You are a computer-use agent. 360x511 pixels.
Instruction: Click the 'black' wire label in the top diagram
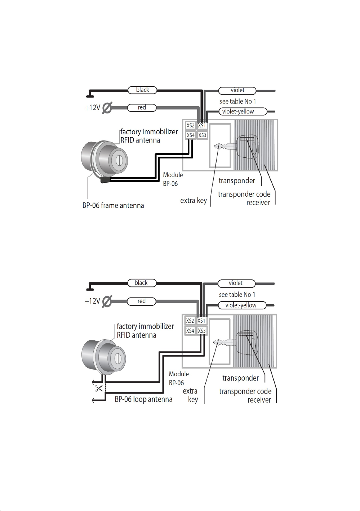pyautogui.click(x=142, y=90)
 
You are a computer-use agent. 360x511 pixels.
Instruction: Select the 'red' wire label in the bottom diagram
pyautogui.click(x=141, y=301)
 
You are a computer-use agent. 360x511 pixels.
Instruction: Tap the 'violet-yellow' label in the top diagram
pyautogui.click(x=243, y=112)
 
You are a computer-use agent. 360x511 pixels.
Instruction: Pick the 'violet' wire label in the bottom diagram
pyautogui.click(x=236, y=283)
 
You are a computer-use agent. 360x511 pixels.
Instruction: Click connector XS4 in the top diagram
pyautogui.click(x=190, y=135)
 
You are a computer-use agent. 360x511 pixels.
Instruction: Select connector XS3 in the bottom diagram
pyautogui.click(x=202, y=331)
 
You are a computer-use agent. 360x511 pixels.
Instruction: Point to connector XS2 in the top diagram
pyautogui.click(x=190, y=125)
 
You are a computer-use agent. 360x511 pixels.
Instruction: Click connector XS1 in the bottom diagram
pyautogui.click(x=201, y=321)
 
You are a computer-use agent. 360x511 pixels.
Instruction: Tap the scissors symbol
pyautogui.click(x=99, y=388)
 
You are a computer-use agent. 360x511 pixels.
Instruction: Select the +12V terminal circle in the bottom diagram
pyautogui.click(x=107, y=301)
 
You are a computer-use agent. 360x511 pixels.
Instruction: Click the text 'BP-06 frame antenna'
pyautogui.click(x=113, y=205)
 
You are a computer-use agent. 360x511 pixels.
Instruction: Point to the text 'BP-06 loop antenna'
pyautogui.click(x=143, y=399)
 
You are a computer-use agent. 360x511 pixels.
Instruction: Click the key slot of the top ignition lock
pyautogui.click(x=118, y=161)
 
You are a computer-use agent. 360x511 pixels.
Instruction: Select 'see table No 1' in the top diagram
pyautogui.click(x=237, y=101)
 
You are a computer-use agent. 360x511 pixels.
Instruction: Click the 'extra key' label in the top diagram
pyautogui.click(x=194, y=200)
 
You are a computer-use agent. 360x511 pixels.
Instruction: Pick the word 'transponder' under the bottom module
pyautogui.click(x=241, y=378)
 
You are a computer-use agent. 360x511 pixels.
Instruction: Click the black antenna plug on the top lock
pyautogui.click(x=106, y=180)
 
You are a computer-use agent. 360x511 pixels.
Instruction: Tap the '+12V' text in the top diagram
pyautogui.click(x=93, y=107)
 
